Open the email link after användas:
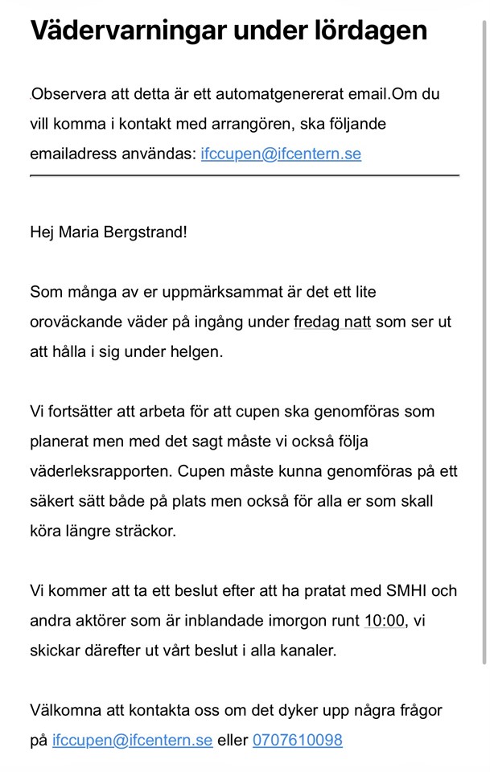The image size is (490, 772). tap(281, 154)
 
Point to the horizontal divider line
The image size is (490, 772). tap(245, 175)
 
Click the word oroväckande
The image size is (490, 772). tap(78, 322)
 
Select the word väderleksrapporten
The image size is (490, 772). tap(99, 470)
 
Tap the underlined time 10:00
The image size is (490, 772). tap(384, 620)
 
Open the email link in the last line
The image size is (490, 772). tap(132, 740)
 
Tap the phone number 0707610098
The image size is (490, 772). tap(298, 740)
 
